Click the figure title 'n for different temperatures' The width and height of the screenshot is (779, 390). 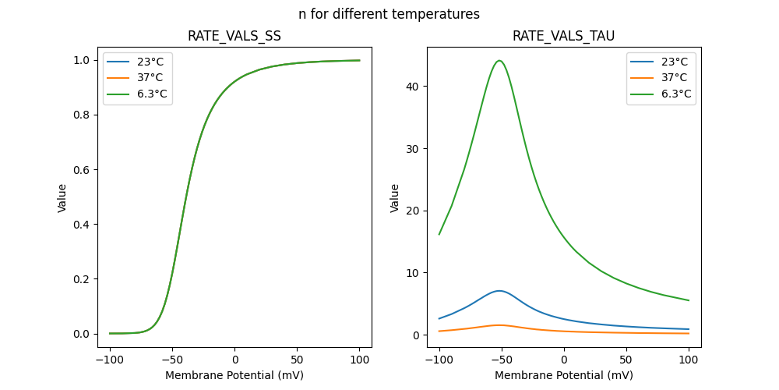pyautogui.click(x=389, y=14)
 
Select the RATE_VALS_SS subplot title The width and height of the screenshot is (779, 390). pyautogui.click(x=234, y=37)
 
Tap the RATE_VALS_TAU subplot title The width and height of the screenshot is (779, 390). pyautogui.click(x=564, y=37)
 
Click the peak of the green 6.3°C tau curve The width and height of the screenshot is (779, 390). pyautogui.click(x=499, y=61)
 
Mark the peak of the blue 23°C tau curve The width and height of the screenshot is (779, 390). pyautogui.click(x=499, y=291)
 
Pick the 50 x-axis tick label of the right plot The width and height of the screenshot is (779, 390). pyautogui.click(x=626, y=360)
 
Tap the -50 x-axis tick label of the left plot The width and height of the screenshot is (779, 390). pyautogui.click(x=172, y=360)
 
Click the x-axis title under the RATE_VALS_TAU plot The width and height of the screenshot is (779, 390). pyautogui.click(x=564, y=375)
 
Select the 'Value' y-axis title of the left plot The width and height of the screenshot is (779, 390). pyautogui.click(x=62, y=198)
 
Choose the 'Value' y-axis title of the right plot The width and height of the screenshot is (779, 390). pyautogui.click(x=395, y=198)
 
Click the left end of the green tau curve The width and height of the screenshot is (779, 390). pyautogui.click(x=439, y=234)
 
